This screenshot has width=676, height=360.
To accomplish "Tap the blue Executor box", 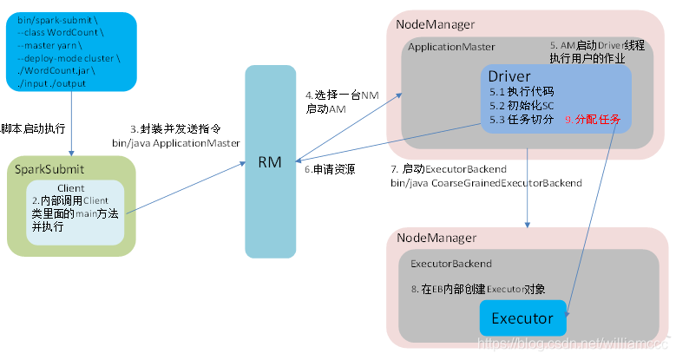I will [522, 318].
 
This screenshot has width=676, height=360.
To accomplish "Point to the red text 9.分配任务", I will [592, 119].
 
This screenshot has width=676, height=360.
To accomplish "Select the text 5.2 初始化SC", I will [522, 105].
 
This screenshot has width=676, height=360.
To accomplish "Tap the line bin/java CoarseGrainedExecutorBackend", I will [486, 183].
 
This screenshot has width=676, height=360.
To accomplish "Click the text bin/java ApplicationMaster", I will [176, 142].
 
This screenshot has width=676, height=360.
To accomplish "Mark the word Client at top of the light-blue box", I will [70, 187].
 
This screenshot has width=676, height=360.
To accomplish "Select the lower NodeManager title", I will [436, 237].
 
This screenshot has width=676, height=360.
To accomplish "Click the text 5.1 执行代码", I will [521, 91].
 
